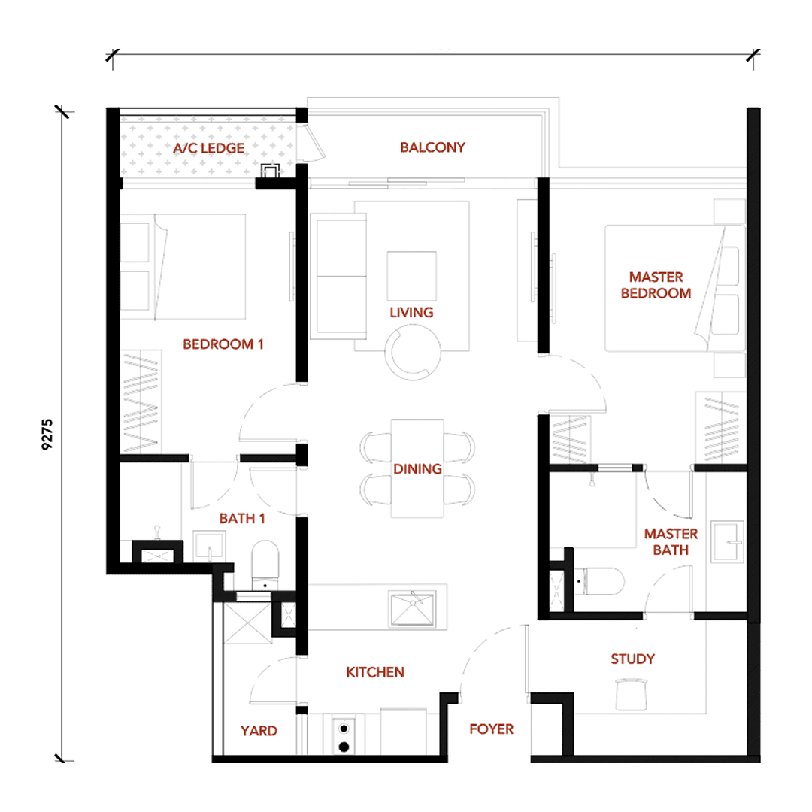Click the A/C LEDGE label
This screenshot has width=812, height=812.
pos(209,148)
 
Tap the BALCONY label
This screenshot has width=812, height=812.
pos(432,147)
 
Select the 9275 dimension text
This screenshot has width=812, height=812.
pos(47,434)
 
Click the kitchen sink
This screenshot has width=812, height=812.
pos(413,608)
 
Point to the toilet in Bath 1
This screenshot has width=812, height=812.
pos(265,565)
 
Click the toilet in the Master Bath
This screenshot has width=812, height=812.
pos(600,581)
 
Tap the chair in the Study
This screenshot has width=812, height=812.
pos(632,695)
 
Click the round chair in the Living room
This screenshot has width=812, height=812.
pos(413,352)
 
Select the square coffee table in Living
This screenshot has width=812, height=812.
pos(412,276)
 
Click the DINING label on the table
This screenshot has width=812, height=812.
pos(417,469)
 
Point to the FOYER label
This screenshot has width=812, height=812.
pos(492,729)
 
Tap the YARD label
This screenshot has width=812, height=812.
pos(259,731)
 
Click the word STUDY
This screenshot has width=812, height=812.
pos(633,659)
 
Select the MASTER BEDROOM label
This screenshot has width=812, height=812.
pos(656,286)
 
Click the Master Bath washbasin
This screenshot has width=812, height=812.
pos(728,541)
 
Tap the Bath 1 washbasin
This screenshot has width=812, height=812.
pos(210,546)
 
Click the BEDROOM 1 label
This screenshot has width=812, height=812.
pos(223,344)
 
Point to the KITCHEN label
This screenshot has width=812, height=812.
pos(375,672)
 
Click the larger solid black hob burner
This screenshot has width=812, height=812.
pos(344,747)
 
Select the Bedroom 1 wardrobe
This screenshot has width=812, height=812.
pos(141,402)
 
